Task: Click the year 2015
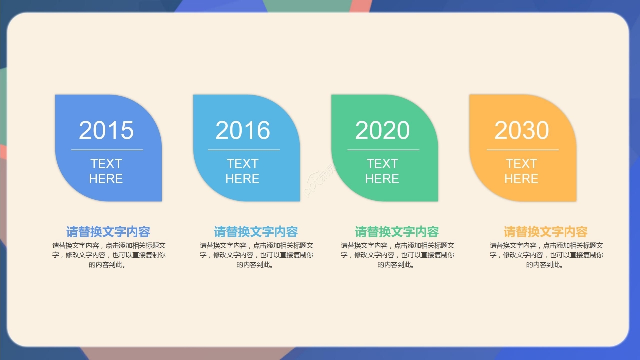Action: (x=106, y=130)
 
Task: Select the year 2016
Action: (x=243, y=130)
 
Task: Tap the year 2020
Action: (x=382, y=130)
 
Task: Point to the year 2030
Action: (x=522, y=130)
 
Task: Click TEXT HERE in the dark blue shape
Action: (x=106, y=171)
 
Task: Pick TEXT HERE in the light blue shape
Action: (x=242, y=171)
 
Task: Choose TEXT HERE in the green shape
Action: (x=382, y=171)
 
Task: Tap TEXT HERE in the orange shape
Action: (x=521, y=171)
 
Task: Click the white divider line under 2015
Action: (x=107, y=149)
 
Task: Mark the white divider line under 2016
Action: (x=243, y=149)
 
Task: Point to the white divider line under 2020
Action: (x=383, y=149)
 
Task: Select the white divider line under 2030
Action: (x=523, y=149)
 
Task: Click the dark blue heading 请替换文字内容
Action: (x=108, y=232)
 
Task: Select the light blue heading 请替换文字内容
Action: (x=256, y=232)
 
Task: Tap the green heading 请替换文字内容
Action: (x=397, y=232)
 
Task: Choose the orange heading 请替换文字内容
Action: (x=545, y=232)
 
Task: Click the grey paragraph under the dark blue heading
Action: (x=109, y=255)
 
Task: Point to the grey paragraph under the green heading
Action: (x=397, y=255)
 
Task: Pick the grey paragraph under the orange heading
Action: (x=546, y=255)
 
